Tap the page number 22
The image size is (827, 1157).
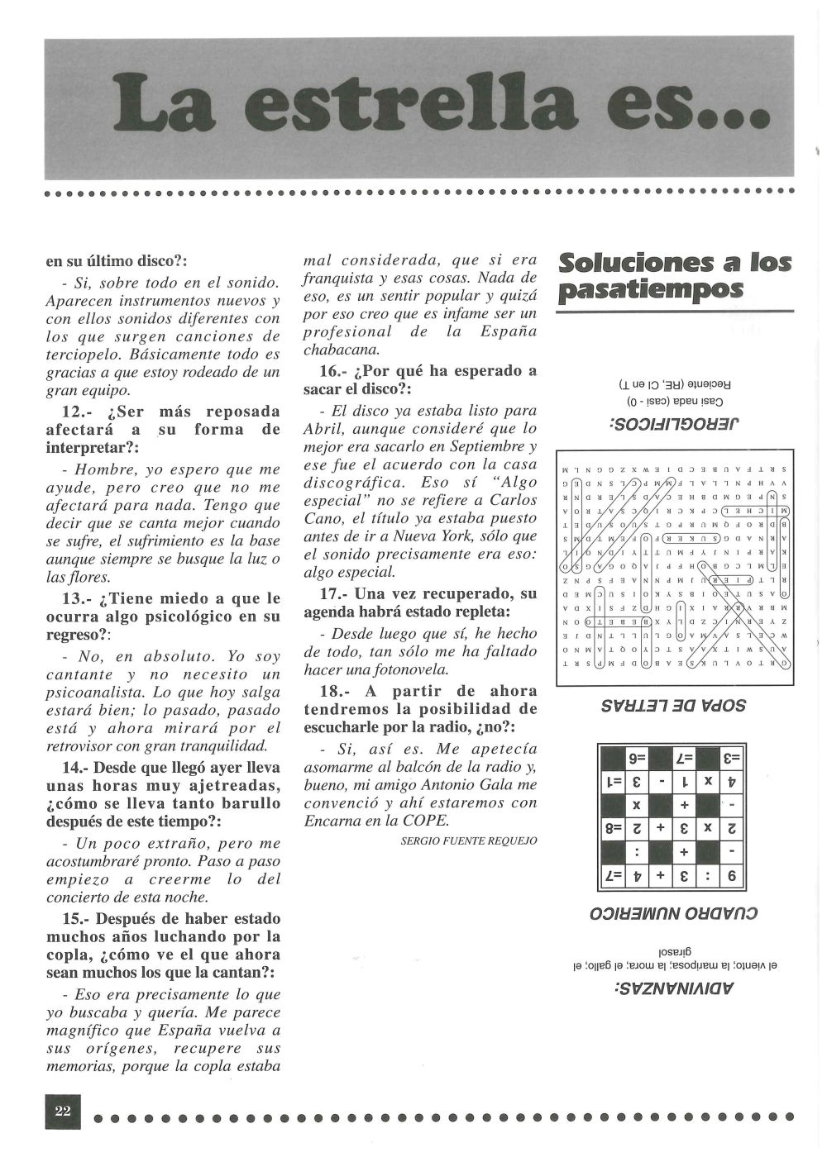(64, 1110)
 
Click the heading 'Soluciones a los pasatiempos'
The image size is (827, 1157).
(675, 276)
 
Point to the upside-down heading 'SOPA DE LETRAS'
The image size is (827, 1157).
(676, 705)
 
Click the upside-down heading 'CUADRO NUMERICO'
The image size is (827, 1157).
(674, 914)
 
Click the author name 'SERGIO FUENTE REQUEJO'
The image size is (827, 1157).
(468, 840)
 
